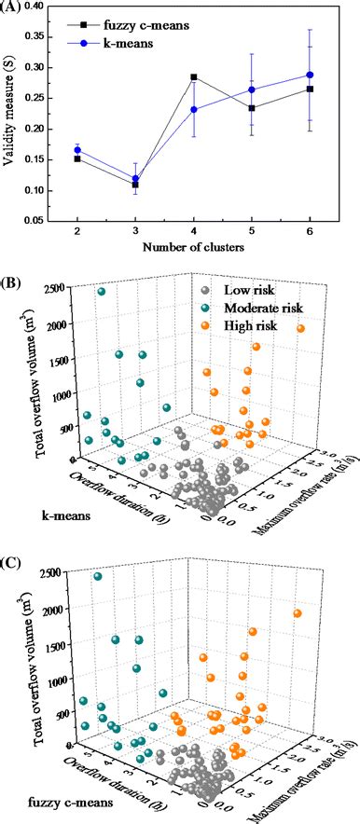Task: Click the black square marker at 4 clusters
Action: coord(193,77)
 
